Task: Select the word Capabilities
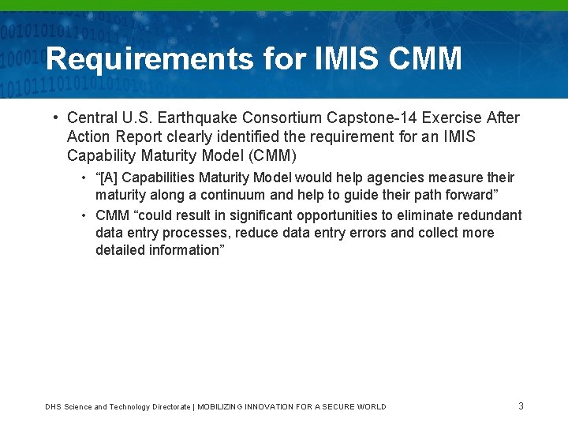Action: tap(161, 177)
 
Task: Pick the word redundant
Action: tap(491, 215)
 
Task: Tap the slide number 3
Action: tap(521, 406)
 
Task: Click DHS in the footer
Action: tap(53, 407)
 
